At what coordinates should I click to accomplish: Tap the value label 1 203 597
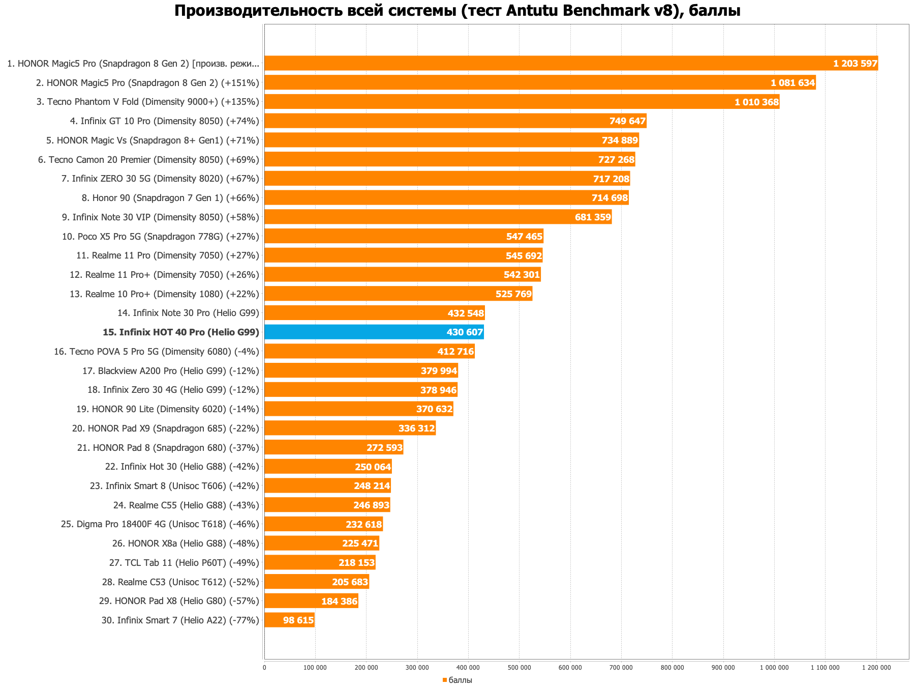point(855,64)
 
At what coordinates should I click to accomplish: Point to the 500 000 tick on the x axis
point(519,668)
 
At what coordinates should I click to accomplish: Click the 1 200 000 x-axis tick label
point(876,668)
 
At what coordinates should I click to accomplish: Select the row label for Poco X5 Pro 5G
point(161,237)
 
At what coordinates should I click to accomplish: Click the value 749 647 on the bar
point(627,121)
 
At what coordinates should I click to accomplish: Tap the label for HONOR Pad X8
point(179,601)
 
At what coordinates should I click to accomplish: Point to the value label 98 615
point(298,620)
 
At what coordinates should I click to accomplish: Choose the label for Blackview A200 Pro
point(171,371)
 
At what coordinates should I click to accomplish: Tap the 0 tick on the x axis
point(264,668)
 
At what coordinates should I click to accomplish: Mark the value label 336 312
point(416,428)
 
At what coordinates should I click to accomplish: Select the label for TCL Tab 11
point(184,563)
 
